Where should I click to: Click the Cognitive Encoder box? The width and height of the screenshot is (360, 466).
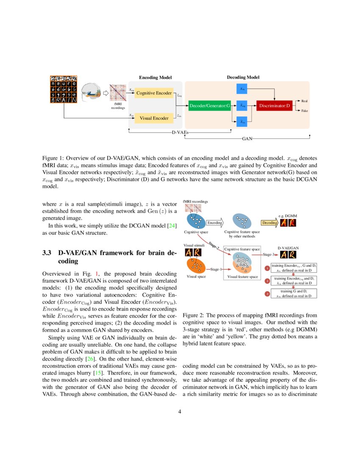[154, 93]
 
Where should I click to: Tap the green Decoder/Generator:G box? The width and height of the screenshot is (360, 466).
[209, 105]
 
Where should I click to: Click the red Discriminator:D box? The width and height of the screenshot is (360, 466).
[274, 105]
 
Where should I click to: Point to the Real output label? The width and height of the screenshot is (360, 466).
[304, 101]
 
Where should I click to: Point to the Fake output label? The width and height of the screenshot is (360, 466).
[304, 110]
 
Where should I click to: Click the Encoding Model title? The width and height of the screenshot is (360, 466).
[155, 78]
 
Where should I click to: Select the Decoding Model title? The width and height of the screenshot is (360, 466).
[243, 78]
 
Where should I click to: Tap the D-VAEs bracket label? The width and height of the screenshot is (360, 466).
[180, 133]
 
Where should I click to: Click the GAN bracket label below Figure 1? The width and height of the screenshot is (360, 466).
[247, 138]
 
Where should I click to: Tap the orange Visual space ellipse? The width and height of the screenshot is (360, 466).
[196, 266]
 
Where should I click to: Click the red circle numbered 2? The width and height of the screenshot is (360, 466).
[267, 280]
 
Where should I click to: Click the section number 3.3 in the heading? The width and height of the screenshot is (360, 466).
[47, 253]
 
